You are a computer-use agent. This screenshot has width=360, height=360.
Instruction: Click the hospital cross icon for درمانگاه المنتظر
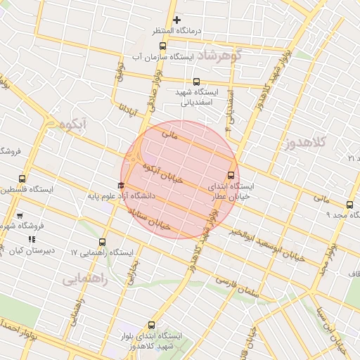click(176, 20)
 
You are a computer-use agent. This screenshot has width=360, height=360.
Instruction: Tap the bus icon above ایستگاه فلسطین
click(22, 179)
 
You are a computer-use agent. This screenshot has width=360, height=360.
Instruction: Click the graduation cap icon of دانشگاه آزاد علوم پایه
click(120, 186)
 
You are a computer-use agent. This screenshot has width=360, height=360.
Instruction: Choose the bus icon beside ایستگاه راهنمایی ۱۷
click(103, 242)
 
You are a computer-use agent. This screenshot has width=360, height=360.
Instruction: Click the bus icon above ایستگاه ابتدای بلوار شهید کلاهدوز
click(151, 325)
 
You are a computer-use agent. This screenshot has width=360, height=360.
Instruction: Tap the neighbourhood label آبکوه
click(72, 125)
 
